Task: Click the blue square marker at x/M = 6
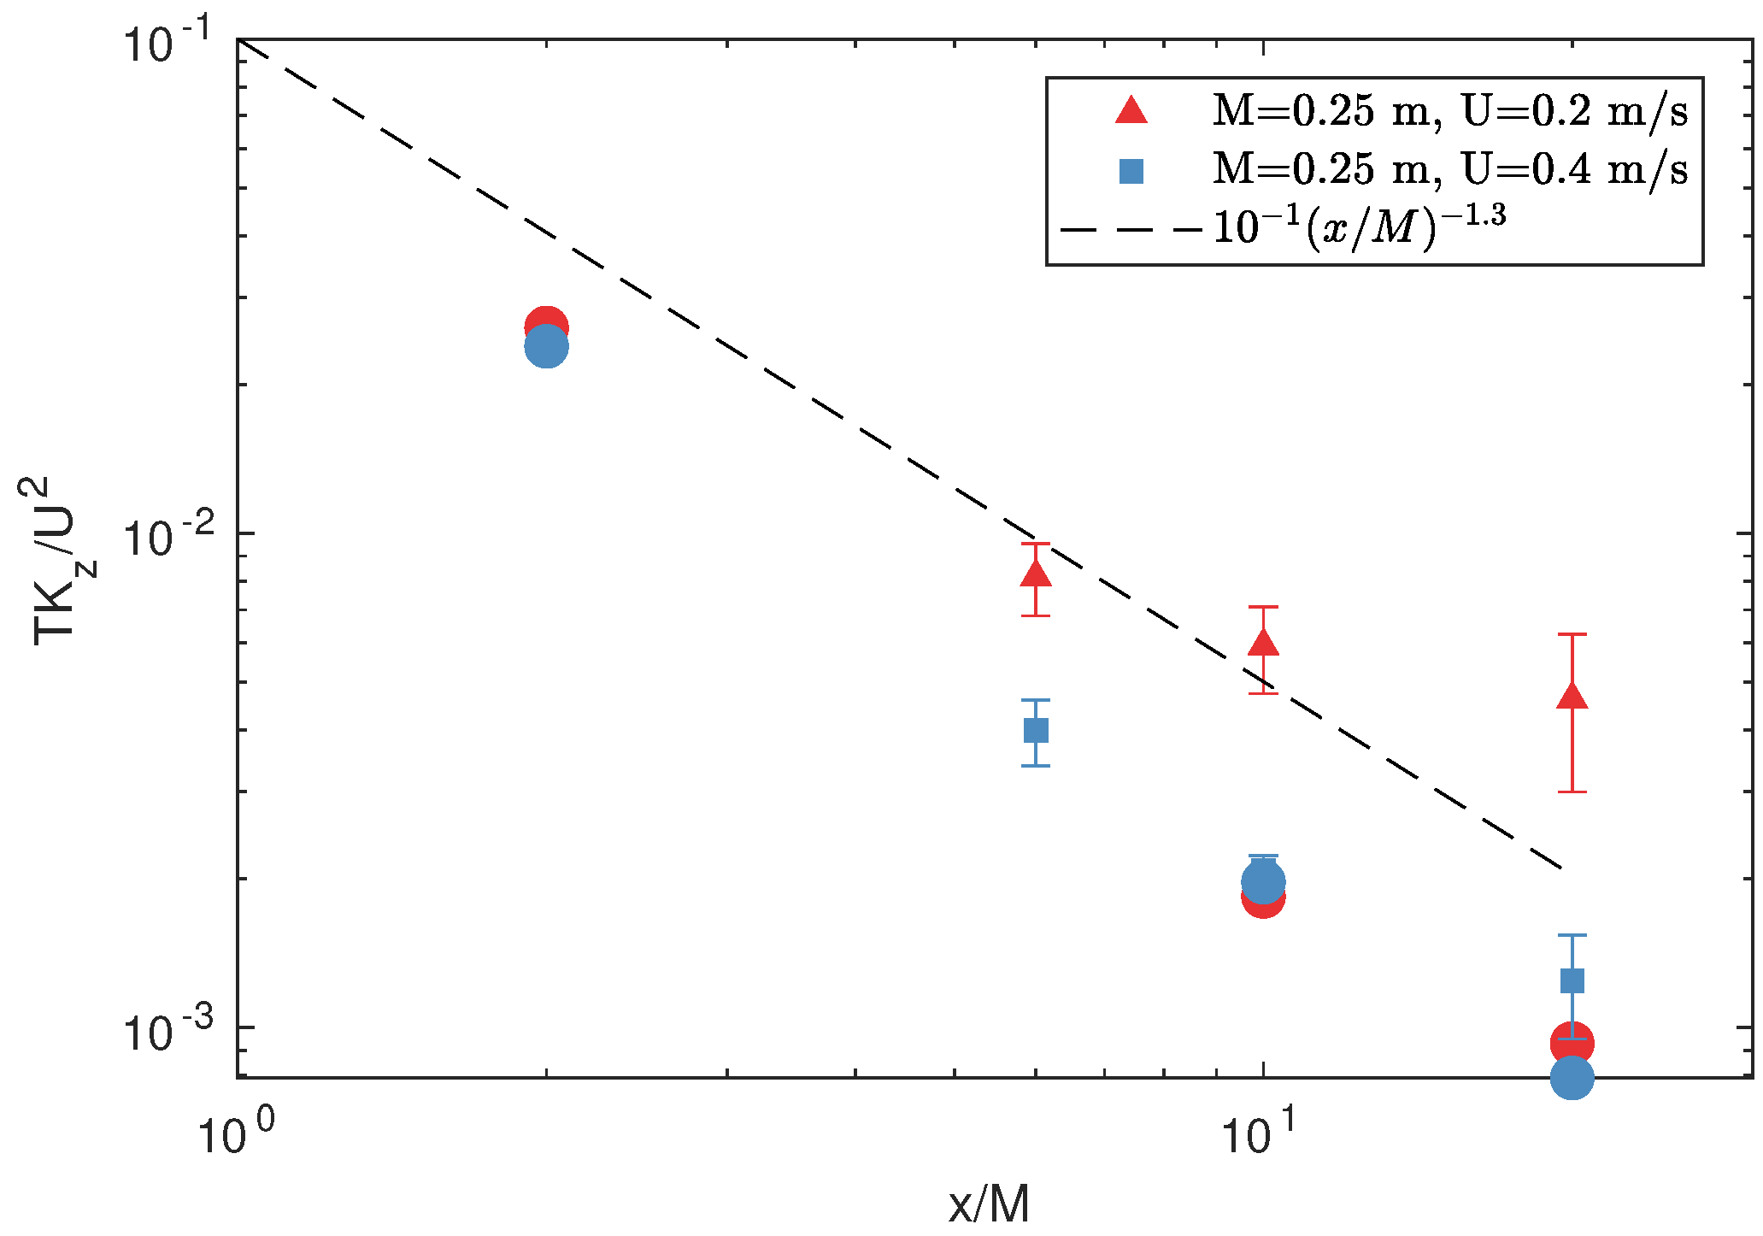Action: point(1036,731)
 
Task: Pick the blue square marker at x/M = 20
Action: point(1572,980)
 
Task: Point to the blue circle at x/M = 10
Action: point(1263,881)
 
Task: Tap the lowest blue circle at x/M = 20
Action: point(1572,1079)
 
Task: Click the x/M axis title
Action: point(989,1205)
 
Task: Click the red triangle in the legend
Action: point(1131,112)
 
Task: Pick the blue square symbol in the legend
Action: point(1131,172)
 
